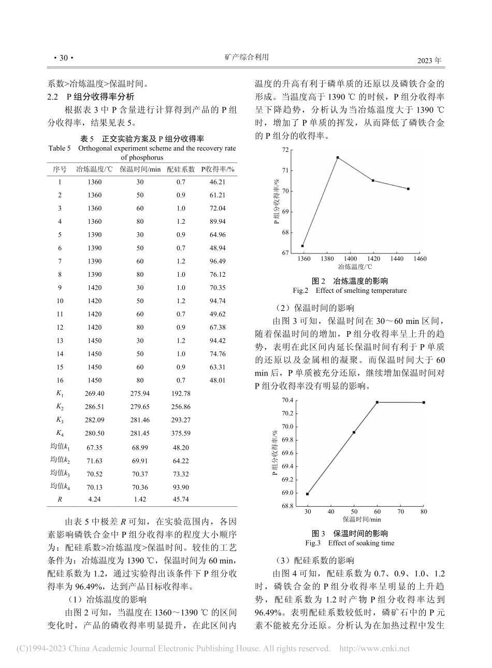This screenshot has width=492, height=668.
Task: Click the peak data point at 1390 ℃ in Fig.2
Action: coord(338,158)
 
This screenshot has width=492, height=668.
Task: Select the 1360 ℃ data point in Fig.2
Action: coord(302,246)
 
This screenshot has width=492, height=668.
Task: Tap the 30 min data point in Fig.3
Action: coord(307,494)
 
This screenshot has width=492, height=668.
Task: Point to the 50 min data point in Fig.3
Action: coord(354,432)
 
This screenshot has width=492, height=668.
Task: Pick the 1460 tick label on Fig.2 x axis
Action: coord(420,258)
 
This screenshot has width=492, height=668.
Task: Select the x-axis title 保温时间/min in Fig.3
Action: coord(361,519)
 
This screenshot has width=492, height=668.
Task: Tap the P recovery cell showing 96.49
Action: coord(218,261)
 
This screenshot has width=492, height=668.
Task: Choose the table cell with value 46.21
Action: coord(218,182)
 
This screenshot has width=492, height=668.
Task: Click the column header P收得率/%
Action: coord(218,169)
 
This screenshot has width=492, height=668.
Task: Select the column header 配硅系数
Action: coord(181,169)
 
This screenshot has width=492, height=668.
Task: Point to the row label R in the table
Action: coord(60,499)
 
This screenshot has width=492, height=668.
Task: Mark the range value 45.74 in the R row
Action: coord(181,499)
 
